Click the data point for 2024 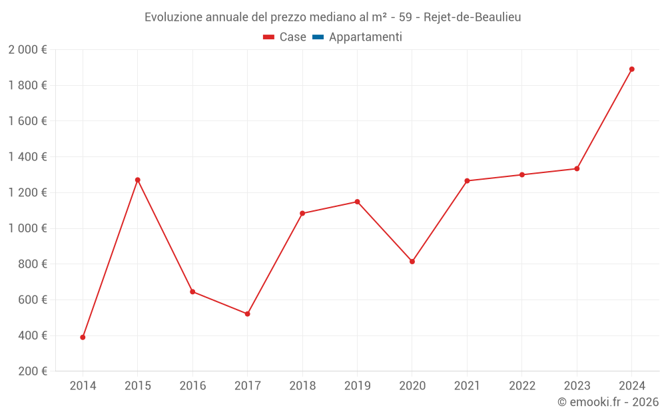[631, 69]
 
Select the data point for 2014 [83, 337]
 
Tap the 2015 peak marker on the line [138, 180]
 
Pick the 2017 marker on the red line [248, 313]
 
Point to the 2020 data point [412, 262]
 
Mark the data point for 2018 [302, 214]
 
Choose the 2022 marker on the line [522, 175]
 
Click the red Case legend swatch [269, 37]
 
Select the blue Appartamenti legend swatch [318, 37]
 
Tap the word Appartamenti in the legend [365, 37]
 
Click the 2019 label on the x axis [357, 386]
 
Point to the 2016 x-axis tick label [192, 386]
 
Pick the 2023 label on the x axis [577, 386]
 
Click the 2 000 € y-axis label [27, 50]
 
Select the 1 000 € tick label [27, 228]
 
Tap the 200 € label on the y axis [33, 371]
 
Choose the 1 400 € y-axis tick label [27, 157]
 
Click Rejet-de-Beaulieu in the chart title [472, 17]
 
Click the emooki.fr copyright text [608, 402]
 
